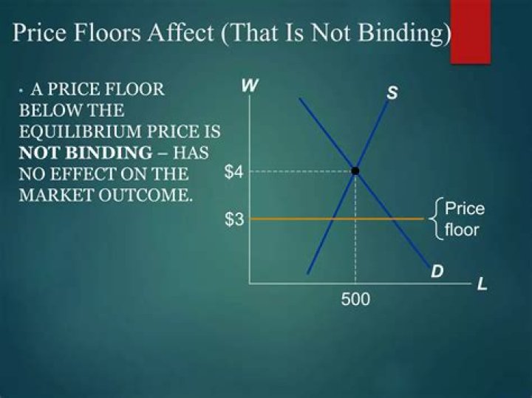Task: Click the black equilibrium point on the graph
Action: (x=355, y=171)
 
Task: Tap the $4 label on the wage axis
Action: (x=233, y=172)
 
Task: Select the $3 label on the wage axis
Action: (x=233, y=219)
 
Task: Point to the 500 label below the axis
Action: (x=355, y=300)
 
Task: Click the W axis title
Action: (x=250, y=86)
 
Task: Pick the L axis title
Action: (x=482, y=284)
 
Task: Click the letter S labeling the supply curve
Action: (x=392, y=94)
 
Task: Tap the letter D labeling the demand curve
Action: (x=437, y=271)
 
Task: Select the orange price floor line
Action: (x=296, y=219)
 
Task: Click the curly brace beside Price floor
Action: (x=438, y=219)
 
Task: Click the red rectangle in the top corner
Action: (x=471, y=31)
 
